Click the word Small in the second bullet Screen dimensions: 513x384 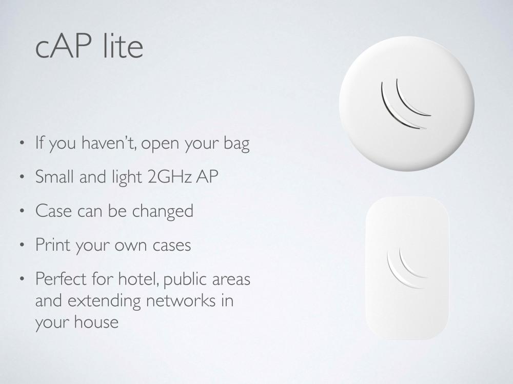[54, 176]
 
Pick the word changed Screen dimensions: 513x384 [163, 211]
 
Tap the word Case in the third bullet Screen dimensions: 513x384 [53, 211]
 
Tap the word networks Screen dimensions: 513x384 [181, 300]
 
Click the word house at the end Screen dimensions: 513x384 [96, 322]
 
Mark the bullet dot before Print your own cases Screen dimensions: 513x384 [22, 245]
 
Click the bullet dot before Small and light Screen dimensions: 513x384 [22, 177]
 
